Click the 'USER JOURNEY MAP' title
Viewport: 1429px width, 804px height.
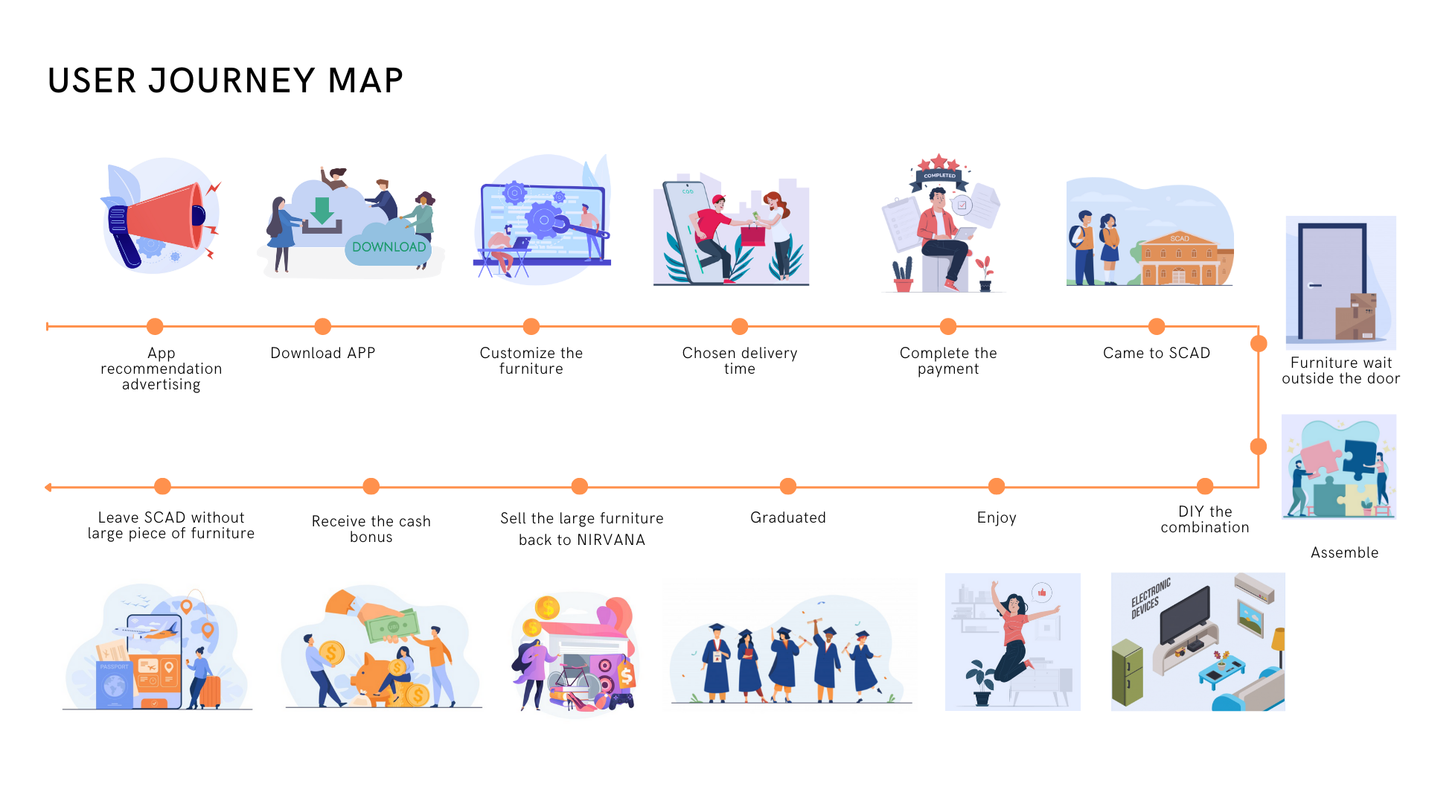[x=225, y=80]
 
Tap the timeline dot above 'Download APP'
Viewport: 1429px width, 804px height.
[x=322, y=326]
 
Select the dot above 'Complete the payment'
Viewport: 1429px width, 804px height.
[x=947, y=326]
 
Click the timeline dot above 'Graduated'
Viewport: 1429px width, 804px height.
[x=787, y=486]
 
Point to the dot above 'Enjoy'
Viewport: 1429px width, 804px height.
[x=996, y=486]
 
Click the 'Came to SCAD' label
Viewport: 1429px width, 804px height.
[x=1156, y=353]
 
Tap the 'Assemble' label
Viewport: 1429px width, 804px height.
[x=1344, y=552]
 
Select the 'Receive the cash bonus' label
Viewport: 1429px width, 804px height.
[x=371, y=529]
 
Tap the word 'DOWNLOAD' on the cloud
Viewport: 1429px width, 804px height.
[x=389, y=247]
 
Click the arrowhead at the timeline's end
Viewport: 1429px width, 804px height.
[x=48, y=488]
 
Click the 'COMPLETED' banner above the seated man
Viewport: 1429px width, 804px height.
[x=939, y=176]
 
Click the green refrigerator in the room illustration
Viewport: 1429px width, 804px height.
[x=1127, y=672]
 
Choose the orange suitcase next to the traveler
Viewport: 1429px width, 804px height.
[x=211, y=691]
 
